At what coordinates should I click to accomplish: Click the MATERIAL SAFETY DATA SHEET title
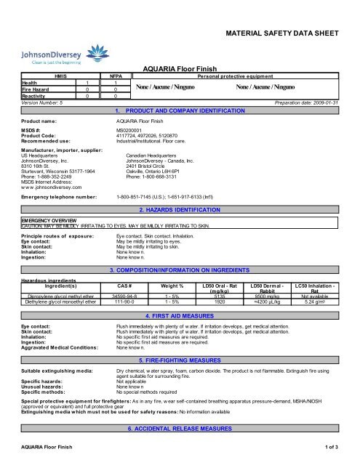point(286,34)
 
